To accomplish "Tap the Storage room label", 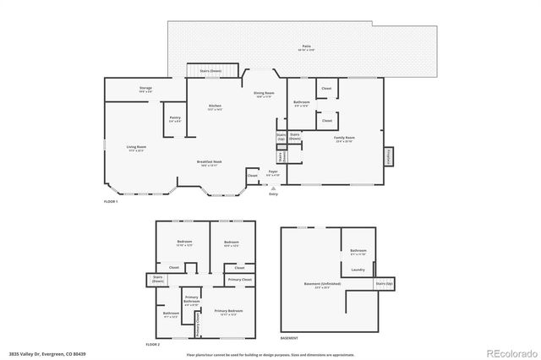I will pos(145,89).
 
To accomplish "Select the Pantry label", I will pos(174,118).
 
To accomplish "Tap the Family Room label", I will pos(345,138).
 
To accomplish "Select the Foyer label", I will pos(273,172).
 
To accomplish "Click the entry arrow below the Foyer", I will pos(272,188).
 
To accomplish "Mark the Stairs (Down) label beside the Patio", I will pos(210,71).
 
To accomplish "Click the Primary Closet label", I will pos(240,279).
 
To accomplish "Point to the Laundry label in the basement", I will pos(358,270).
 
